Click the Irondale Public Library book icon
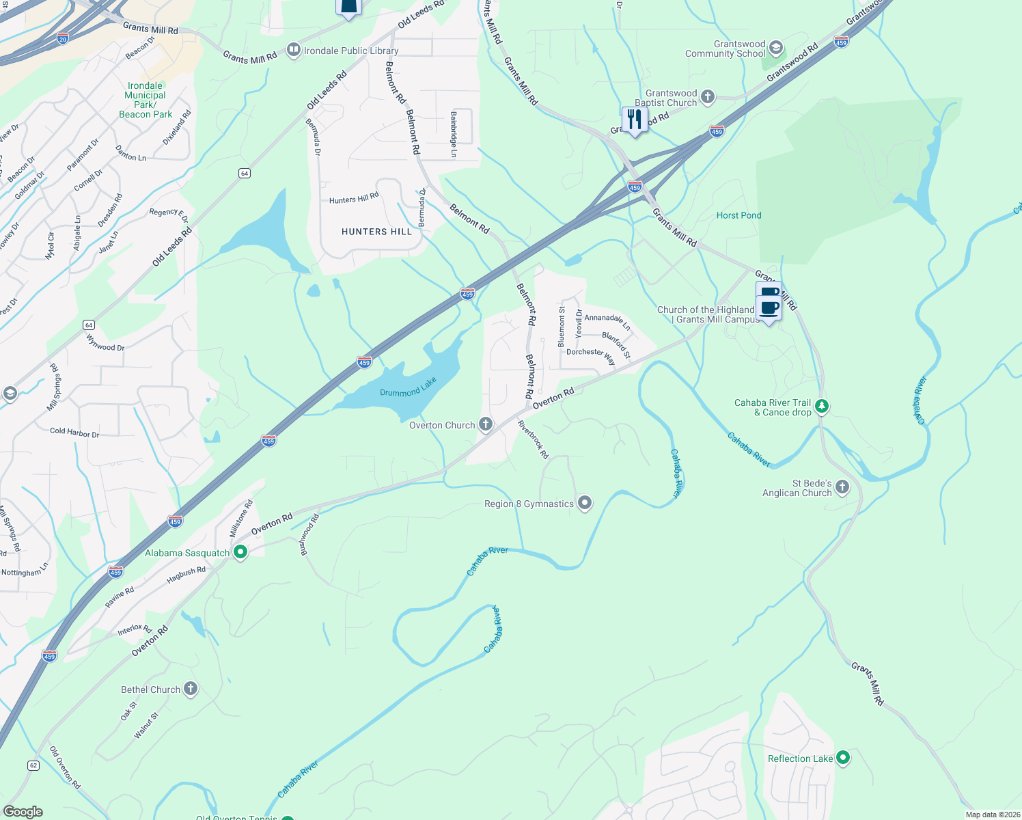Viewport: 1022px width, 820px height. pyautogui.click(x=294, y=50)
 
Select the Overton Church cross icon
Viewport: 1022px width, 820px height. pyautogui.click(x=486, y=424)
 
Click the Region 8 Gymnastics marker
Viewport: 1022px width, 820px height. pyautogui.click(x=585, y=504)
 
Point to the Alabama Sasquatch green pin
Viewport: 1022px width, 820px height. pyautogui.click(x=240, y=551)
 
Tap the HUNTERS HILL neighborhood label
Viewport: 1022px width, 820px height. pyautogui.click(x=376, y=232)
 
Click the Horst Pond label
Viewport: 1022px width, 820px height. pyautogui.click(x=738, y=215)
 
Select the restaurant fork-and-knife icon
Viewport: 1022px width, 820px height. pyautogui.click(x=635, y=120)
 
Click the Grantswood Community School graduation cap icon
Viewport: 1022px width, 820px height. pyautogui.click(x=775, y=48)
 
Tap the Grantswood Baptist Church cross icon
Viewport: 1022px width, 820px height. pyautogui.click(x=708, y=97)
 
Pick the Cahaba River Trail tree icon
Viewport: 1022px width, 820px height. pyautogui.click(x=822, y=407)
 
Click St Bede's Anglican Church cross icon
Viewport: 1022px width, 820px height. pyautogui.click(x=842, y=487)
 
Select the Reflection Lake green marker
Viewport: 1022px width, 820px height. pyautogui.click(x=843, y=757)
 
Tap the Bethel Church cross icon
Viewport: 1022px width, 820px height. pyautogui.click(x=191, y=689)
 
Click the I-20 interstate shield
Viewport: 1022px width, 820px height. pyautogui.click(x=63, y=38)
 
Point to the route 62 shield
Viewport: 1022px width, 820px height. pyautogui.click(x=33, y=765)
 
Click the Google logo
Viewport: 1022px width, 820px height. pyautogui.click(x=23, y=811)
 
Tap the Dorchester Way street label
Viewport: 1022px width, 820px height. pyautogui.click(x=590, y=356)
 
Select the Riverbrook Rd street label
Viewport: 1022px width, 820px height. pyautogui.click(x=533, y=439)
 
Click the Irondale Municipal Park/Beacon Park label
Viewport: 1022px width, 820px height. pyautogui.click(x=145, y=100)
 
